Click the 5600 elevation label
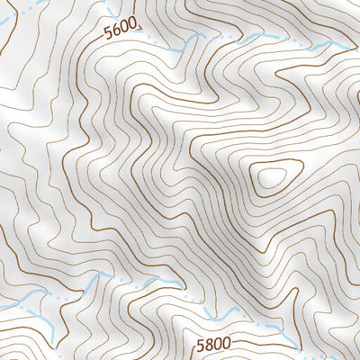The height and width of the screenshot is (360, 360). point(122,32)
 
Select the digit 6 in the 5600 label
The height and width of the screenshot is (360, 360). point(118,33)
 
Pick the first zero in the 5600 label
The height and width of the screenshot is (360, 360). point(127,31)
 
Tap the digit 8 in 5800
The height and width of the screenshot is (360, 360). point(209,343)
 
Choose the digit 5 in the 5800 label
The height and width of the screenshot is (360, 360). point(201,343)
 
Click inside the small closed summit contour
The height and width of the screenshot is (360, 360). point(269,177)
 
